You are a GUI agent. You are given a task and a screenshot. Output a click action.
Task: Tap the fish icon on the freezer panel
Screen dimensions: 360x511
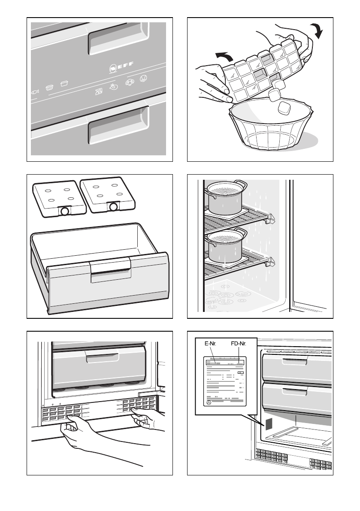35,92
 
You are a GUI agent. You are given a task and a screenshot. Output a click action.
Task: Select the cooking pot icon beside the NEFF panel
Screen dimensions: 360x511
64,84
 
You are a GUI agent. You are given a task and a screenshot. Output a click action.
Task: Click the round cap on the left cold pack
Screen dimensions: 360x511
64,211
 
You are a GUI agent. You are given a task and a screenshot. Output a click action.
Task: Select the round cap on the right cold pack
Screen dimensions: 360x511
114,206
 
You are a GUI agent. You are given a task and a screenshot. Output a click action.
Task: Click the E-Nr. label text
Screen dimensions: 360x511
210,344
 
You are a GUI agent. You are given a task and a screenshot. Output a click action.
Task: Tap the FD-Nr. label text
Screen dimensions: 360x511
239,344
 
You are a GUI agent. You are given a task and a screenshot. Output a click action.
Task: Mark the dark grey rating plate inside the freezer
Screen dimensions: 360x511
269,424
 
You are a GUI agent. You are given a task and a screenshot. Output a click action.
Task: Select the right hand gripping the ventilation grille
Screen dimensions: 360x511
148,420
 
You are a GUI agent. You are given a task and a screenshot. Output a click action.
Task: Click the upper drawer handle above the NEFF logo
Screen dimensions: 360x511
118,39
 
